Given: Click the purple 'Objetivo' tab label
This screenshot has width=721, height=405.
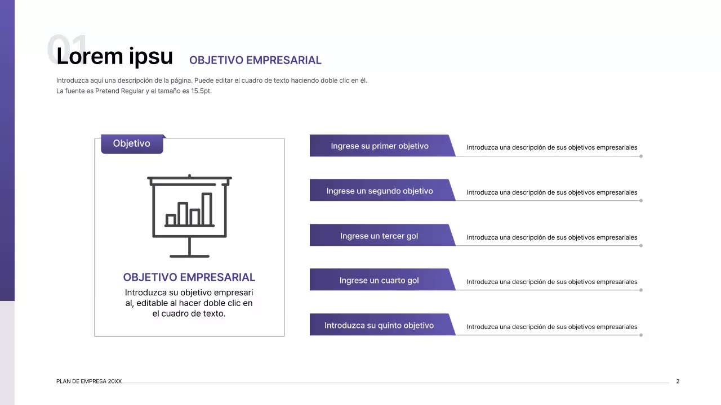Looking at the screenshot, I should (x=132, y=144).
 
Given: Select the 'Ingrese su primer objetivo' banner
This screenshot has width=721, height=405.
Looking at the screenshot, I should (x=380, y=146).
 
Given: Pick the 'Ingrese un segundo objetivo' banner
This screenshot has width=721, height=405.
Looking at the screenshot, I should (x=380, y=191).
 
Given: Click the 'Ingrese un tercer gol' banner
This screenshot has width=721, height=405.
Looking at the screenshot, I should (x=379, y=236).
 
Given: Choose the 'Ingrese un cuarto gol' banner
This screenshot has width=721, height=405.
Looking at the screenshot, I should (x=379, y=281).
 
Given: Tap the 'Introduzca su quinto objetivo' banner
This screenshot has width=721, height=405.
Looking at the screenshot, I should (x=379, y=326).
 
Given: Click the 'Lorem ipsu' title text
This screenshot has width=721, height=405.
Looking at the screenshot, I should (x=115, y=56).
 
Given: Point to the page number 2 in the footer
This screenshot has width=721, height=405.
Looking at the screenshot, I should (x=678, y=381).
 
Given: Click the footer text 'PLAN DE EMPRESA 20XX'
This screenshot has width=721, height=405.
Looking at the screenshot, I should (x=89, y=381).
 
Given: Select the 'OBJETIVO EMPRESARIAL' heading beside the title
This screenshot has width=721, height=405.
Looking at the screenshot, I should (x=255, y=60).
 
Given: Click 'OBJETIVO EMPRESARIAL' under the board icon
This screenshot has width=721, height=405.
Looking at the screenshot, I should (x=189, y=277).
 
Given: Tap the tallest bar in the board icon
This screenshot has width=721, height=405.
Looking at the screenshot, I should (x=207, y=209).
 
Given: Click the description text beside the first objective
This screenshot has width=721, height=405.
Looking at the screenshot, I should (x=552, y=148).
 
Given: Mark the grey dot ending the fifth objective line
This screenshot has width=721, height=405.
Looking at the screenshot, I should (x=641, y=335).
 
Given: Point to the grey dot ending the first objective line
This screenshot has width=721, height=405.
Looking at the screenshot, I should (x=641, y=156).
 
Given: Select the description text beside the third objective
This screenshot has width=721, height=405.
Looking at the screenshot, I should (x=552, y=237).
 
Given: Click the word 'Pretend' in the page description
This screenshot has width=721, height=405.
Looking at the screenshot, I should (x=108, y=91).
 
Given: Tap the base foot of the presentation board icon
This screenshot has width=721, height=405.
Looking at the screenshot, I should (x=189, y=256).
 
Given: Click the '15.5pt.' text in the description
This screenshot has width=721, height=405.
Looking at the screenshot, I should (x=201, y=91).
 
